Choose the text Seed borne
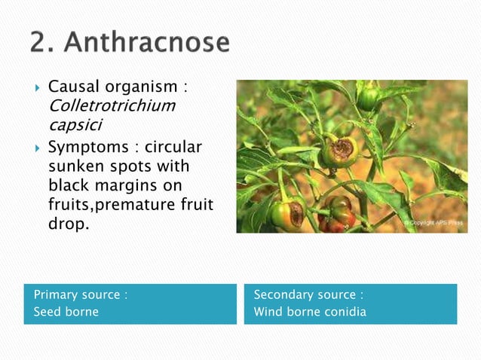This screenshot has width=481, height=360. pyautogui.click(x=66, y=312)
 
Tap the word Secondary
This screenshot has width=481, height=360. pyautogui.click(x=283, y=294)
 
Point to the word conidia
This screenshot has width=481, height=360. pyautogui.click(x=342, y=312)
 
